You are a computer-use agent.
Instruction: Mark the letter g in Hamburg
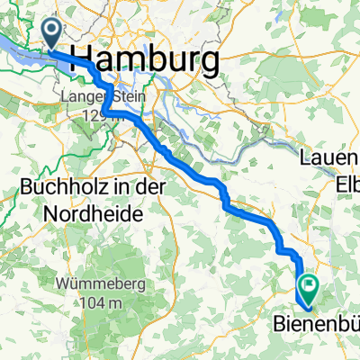pos(209,63)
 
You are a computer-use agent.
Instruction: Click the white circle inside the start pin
pos(53,31)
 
